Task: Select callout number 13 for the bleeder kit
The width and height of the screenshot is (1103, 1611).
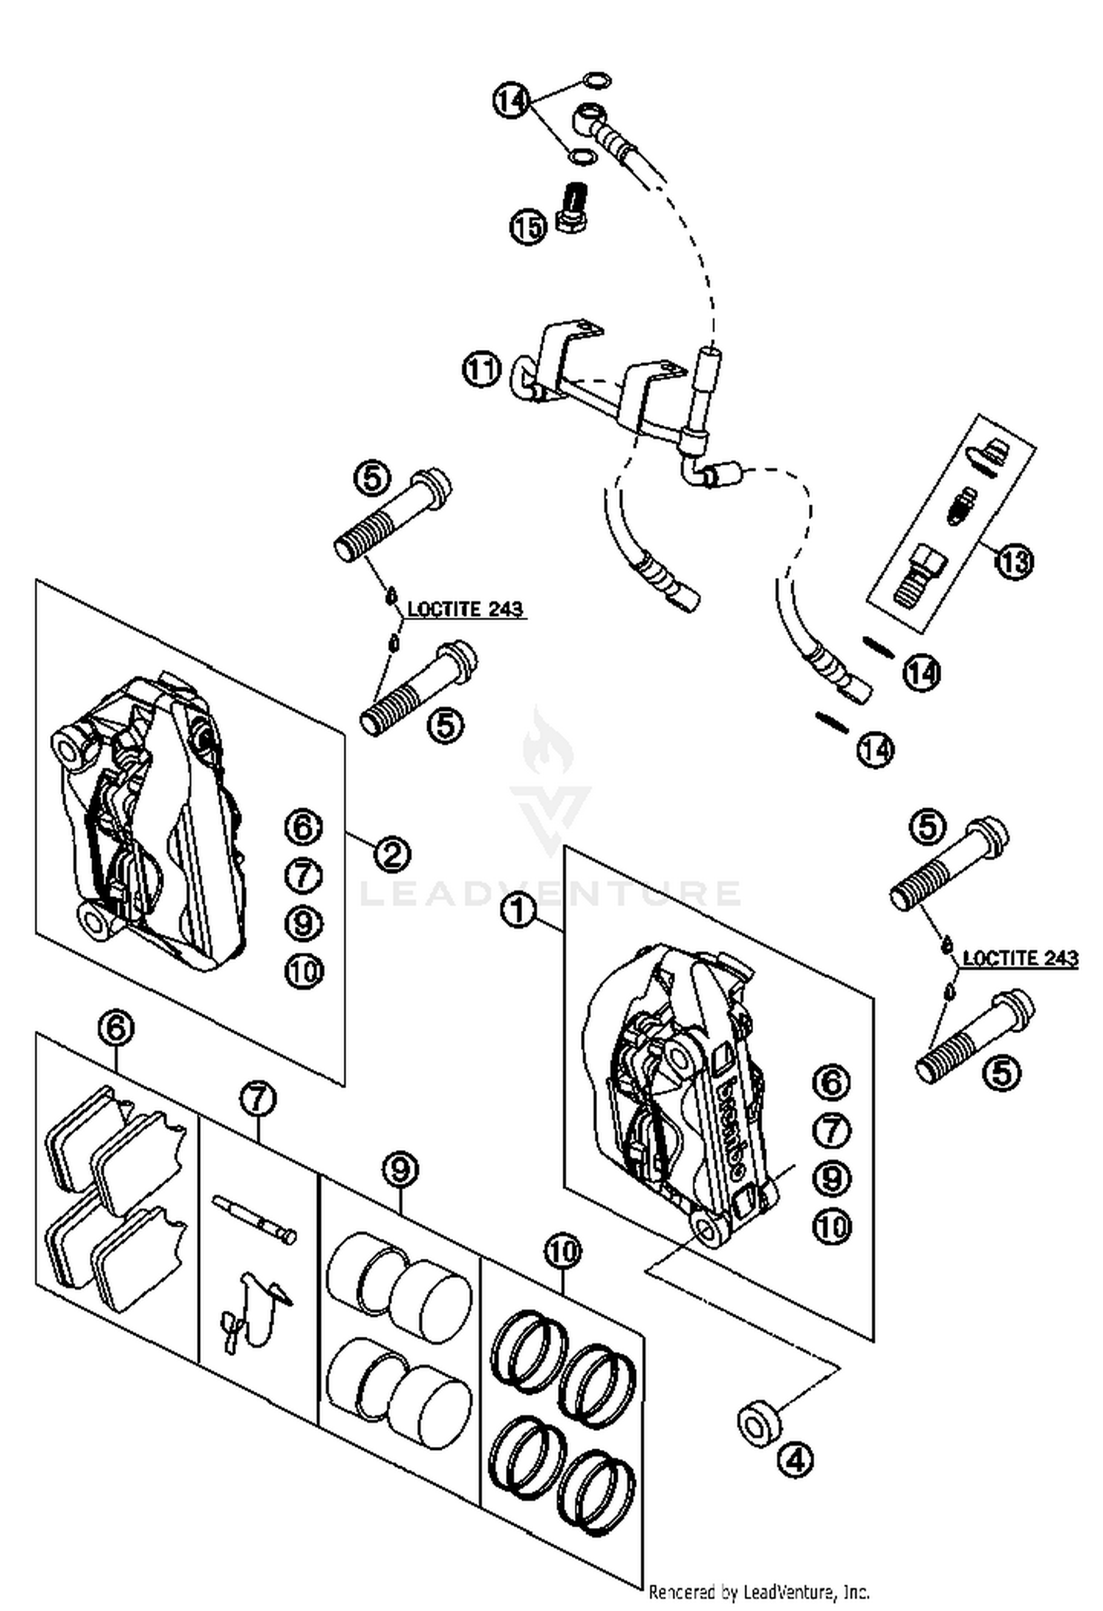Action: point(1014,562)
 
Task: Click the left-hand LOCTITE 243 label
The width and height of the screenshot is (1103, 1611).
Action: point(465,609)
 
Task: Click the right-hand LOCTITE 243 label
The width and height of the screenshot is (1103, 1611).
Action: point(1020,958)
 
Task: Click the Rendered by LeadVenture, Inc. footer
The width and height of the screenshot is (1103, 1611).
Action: point(758,1592)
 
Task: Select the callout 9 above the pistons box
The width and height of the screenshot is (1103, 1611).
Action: point(400,1168)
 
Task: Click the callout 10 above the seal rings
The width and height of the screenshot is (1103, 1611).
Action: point(563,1251)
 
